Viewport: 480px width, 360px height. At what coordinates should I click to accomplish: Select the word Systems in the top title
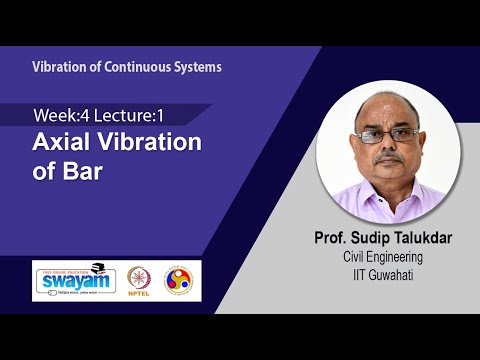point(200,67)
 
